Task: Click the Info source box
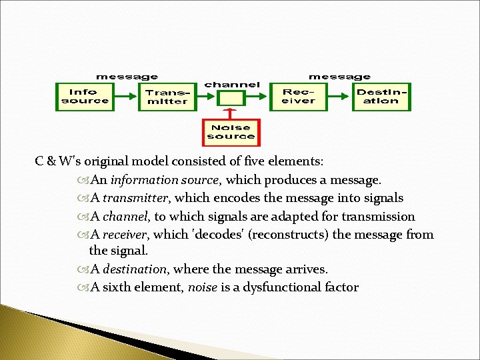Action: click(x=84, y=97)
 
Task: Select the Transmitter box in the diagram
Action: click(x=167, y=97)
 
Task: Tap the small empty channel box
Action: click(x=231, y=98)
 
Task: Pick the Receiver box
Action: click(x=298, y=97)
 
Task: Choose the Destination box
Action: click(x=381, y=97)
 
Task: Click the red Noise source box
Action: click(x=231, y=131)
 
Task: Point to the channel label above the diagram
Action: click(x=231, y=85)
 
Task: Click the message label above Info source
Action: click(x=127, y=77)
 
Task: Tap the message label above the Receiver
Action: click(x=339, y=77)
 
